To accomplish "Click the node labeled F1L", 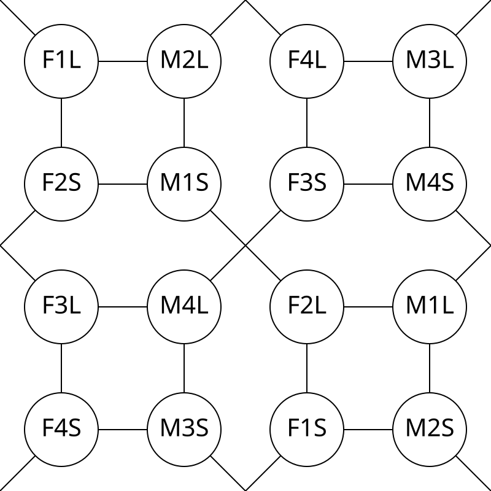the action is tap(61, 61).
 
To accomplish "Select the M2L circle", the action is tap(184, 61).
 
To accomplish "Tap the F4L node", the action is tap(307, 61).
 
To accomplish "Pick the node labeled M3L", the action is tap(430, 61).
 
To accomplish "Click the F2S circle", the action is tap(61, 184).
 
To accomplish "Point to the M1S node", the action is tap(184, 184).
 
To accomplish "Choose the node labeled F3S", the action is tap(307, 184).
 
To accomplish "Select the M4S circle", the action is tap(430, 184).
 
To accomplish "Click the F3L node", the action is tap(61, 307).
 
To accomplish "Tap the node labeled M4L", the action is tap(184, 307).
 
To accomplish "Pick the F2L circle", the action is tap(307, 307).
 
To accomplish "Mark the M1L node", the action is tap(430, 307).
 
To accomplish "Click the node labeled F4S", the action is tap(61, 430).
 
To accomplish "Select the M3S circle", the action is tap(184, 430).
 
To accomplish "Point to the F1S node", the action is tap(307, 430).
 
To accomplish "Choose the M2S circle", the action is tap(430, 430).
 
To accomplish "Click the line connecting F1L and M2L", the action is tap(123, 61).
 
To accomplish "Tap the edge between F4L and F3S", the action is tap(307, 123).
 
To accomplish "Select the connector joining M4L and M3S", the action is tap(184, 368).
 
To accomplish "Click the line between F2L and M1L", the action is tap(368, 307).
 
